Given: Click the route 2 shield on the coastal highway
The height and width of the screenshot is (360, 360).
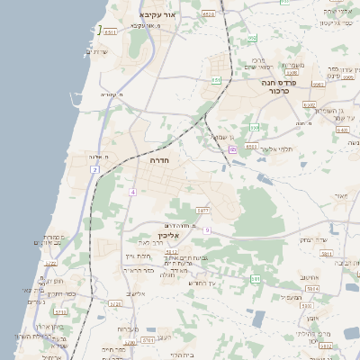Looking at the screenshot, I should pos(93,169).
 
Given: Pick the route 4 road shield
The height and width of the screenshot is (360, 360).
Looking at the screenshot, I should pos(132,192).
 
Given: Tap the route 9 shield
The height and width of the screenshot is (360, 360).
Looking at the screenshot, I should pos(206,230).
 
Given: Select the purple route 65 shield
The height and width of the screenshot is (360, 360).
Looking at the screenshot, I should pos(232,148).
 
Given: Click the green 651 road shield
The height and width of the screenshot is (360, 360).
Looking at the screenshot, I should pos(216,80).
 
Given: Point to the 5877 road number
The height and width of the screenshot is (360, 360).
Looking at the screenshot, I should pos(202,210).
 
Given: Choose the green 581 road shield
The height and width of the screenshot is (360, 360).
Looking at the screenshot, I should pos(255,279).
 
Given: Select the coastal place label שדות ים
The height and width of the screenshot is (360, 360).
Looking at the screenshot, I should pos(100,51).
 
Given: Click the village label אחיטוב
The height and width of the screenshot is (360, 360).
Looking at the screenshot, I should pos(310,277).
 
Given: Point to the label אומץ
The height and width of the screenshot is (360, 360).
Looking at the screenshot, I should pos(311,318).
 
